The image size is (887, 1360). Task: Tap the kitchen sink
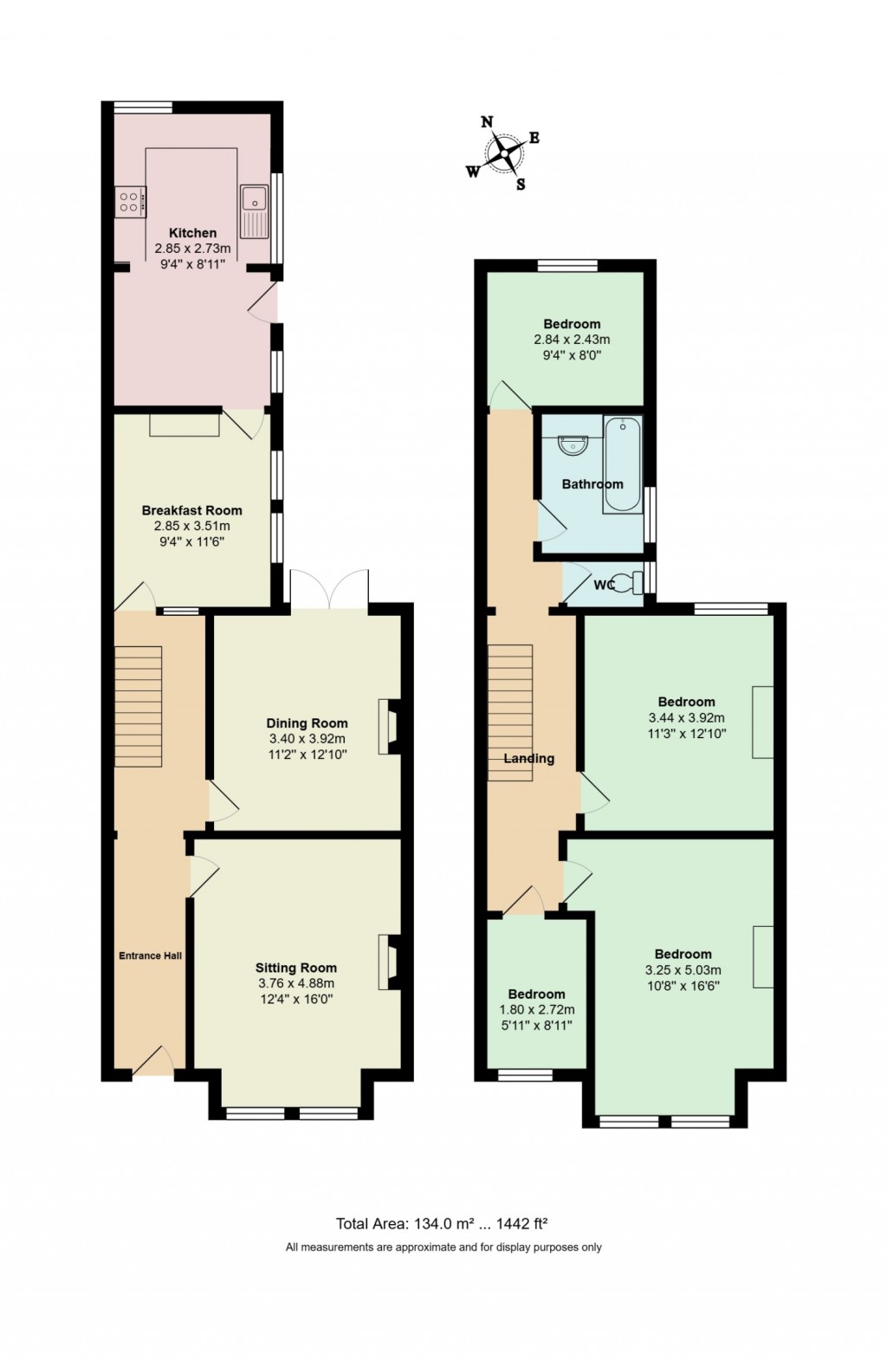click(x=256, y=210)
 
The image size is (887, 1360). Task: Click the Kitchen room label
click(x=192, y=232)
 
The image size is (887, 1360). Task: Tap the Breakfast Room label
click(x=191, y=510)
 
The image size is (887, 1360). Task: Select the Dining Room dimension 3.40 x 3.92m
click(x=307, y=739)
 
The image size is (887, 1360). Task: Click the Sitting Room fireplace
click(x=387, y=962)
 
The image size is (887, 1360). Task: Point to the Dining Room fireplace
click(x=387, y=726)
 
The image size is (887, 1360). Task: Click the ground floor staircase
click(x=138, y=706)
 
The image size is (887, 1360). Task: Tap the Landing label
click(x=528, y=758)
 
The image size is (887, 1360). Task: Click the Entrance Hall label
click(x=150, y=955)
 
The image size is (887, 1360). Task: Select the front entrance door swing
click(x=153, y=1059)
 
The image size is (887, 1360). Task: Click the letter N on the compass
click(x=488, y=122)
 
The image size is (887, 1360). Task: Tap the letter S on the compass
click(x=521, y=184)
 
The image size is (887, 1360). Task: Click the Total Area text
click(x=442, y=1224)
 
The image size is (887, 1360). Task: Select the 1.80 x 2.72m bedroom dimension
click(x=536, y=1010)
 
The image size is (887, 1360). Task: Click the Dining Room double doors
click(x=330, y=589)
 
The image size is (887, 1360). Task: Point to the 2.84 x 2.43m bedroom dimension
click(x=572, y=340)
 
